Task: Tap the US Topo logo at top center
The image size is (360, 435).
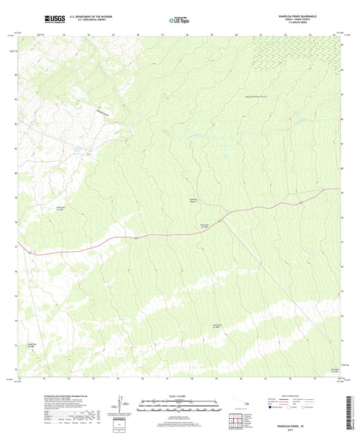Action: [180, 21]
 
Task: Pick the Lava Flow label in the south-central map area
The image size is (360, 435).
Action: [217, 326]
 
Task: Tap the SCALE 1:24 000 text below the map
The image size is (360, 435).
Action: [180, 396]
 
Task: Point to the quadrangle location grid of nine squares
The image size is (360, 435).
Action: [236, 421]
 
